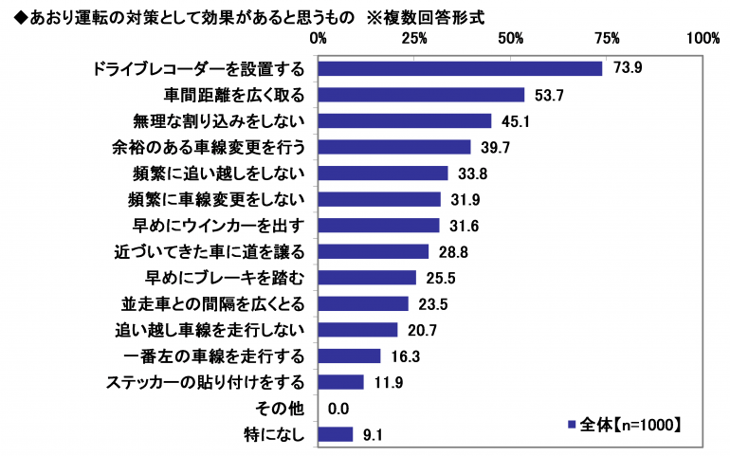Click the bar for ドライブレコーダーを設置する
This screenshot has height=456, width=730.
460,68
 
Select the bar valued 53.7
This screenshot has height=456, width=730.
421,95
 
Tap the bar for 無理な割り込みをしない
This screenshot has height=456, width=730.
405,120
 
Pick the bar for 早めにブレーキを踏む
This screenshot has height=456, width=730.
367,277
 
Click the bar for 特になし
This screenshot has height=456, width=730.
336,434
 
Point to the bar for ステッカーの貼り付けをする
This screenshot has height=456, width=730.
341,382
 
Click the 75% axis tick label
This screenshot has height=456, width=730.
608,39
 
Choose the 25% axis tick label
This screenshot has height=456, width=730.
414,39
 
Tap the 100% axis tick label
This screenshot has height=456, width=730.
703,39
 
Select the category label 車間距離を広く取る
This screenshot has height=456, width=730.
233,95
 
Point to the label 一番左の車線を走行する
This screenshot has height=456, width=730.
214,356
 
